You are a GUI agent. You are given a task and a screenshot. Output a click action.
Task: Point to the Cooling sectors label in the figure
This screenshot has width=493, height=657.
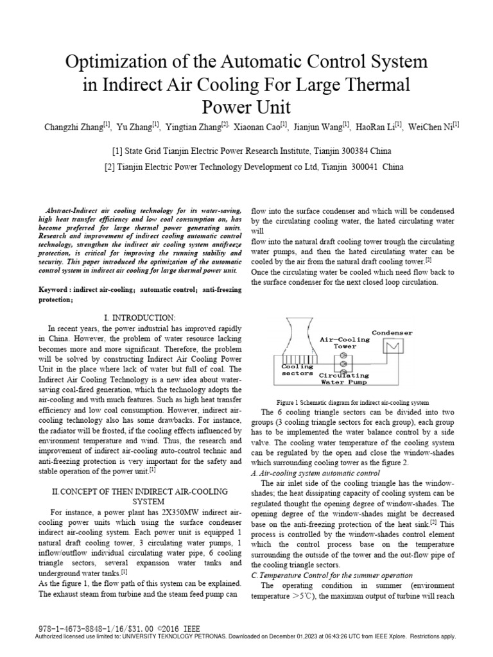pyautogui.click(x=297, y=369)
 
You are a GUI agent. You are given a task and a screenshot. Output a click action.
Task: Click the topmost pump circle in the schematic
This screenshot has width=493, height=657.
pyautogui.click(x=343, y=355)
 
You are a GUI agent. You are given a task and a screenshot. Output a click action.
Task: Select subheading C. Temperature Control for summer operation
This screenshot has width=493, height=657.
pyautogui.click(x=331, y=575)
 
